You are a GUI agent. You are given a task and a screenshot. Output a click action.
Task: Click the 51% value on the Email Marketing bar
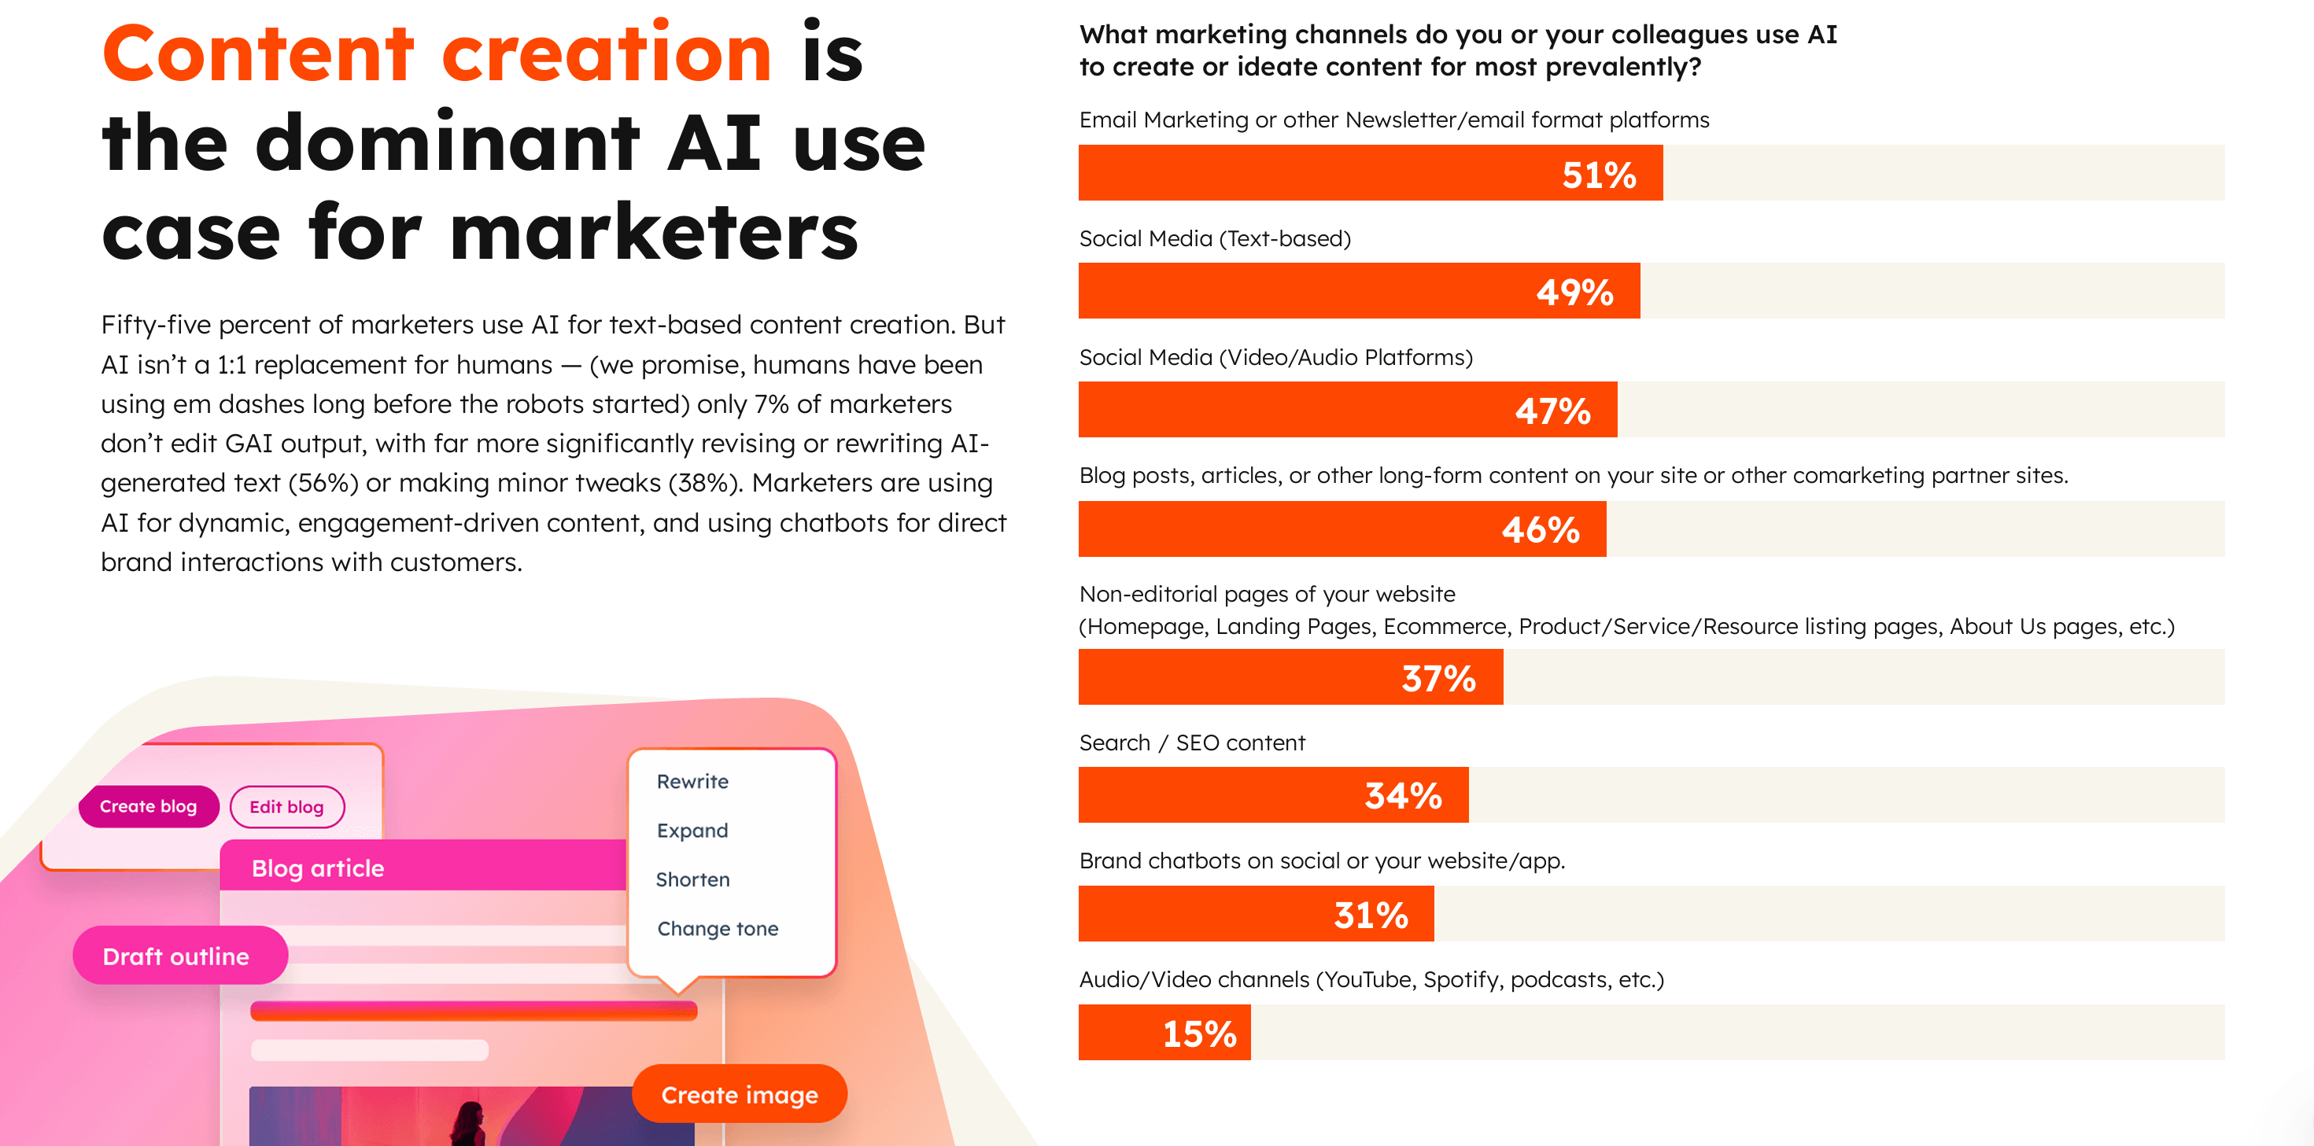coord(1598,175)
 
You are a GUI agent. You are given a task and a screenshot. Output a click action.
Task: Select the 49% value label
coord(1574,292)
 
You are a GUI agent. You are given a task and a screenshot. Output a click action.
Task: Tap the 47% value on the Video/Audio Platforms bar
coord(1552,411)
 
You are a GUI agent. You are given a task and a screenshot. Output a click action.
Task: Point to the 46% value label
coord(1541,529)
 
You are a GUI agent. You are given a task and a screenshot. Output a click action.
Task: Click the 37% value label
coord(1438,678)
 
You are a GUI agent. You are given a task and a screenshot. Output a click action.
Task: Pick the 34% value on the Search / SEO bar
coord(1403,796)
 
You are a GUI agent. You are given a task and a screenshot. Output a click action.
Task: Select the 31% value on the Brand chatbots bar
coord(1371,914)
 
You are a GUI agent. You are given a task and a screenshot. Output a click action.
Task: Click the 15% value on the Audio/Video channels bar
coord(1199,1033)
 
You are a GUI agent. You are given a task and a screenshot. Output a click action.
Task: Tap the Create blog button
coord(148,805)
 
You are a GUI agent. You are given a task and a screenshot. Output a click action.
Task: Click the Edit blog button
coord(286,806)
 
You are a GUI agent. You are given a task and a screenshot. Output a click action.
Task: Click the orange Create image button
coord(740,1094)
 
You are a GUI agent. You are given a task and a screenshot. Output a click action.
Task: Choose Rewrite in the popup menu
coord(692,781)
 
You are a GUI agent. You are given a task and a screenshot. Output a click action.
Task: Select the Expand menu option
coord(692,830)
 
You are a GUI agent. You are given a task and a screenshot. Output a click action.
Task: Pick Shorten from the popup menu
coord(692,879)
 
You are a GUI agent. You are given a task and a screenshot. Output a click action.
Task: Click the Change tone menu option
coord(718,928)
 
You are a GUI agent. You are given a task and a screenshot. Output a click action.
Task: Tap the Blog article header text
coord(318,868)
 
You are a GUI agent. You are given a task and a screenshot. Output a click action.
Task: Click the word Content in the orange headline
coord(258,54)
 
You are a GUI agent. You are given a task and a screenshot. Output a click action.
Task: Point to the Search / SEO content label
coord(1191,743)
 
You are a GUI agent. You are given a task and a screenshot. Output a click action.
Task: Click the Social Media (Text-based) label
coord(1215,239)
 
